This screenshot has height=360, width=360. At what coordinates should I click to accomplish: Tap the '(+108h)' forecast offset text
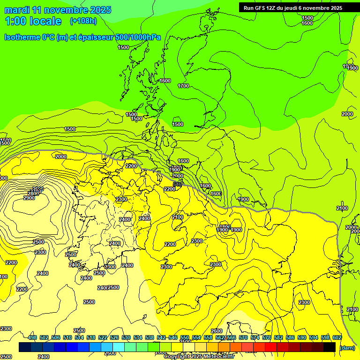click(83, 21)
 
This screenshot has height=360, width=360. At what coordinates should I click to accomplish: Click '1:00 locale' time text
click(33, 21)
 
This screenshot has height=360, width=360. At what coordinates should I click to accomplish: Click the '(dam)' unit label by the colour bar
click(346, 347)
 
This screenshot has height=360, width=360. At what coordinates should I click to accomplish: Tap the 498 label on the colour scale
click(32, 338)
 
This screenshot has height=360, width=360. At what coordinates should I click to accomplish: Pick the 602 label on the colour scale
click(337, 338)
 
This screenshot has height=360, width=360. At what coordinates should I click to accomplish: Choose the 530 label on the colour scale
click(126, 338)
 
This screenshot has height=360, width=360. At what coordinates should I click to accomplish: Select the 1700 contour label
click(183, 86)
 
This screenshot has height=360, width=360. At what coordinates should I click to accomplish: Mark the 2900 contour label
click(29, 198)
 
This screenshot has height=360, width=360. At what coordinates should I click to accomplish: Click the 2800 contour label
click(33, 194)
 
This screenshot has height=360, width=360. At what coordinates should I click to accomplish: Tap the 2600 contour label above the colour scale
click(217, 331)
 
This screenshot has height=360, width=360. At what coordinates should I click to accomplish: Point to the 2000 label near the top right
click(347, 114)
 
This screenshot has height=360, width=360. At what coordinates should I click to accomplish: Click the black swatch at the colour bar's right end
click(330, 347)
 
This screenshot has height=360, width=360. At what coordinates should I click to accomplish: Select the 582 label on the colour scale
click(278, 338)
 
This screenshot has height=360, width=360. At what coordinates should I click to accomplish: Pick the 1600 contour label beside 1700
click(165, 81)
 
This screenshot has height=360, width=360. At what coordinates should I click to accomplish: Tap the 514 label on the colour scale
click(79, 338)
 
